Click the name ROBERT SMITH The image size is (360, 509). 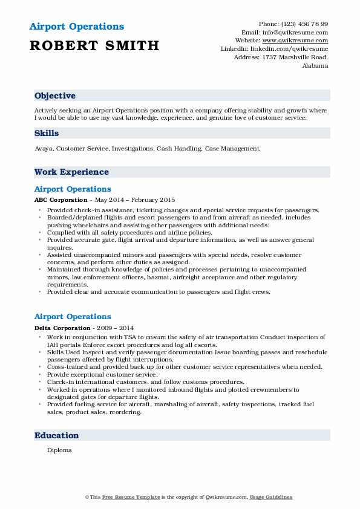[94, 45]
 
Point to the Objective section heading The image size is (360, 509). [55, 96]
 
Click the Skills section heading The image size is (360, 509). [47, 132]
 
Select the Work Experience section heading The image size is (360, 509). [71, 172]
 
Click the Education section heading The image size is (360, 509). [57, 435]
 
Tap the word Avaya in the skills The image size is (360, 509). [44, 148]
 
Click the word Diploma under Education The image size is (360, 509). [59, 450]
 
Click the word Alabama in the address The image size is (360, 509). [315, 66]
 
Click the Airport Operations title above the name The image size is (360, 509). [76, 27]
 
